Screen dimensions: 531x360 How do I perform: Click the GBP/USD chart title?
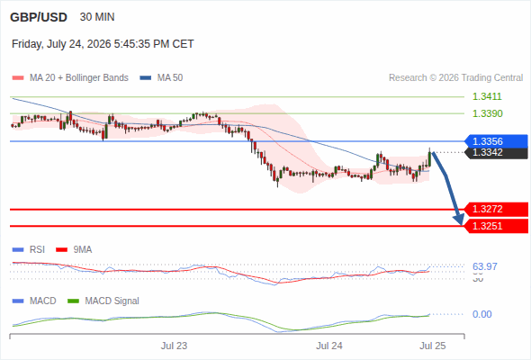39,17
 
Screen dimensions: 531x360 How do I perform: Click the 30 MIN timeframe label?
97,17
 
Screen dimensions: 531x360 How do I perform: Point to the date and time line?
103,44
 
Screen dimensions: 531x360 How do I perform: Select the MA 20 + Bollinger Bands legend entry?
70,78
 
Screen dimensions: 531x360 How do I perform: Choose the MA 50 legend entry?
161,78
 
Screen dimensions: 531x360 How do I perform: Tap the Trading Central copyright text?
455,78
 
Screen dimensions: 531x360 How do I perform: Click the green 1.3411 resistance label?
487,96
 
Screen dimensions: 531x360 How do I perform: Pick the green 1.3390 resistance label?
487,113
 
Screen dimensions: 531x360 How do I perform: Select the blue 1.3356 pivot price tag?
496,141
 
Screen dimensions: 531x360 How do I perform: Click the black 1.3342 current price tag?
496,153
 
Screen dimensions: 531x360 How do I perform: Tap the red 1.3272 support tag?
496,210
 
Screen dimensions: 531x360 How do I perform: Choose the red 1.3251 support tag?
496,226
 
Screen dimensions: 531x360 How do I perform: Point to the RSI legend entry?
29,250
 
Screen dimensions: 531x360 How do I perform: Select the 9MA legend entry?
74,250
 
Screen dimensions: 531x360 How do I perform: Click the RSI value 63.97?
485,266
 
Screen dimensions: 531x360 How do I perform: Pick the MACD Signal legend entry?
103,301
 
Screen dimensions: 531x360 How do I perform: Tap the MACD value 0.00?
481,314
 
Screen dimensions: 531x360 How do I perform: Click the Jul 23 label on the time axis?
174,346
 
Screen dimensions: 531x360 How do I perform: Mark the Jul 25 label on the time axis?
433,346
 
